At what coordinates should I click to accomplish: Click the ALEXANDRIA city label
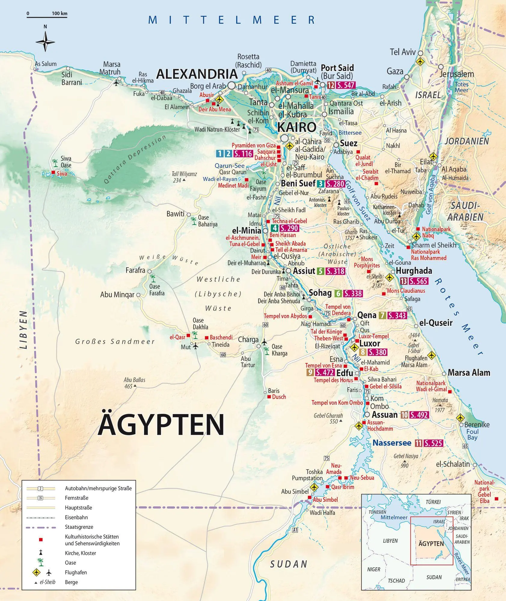point(197,74)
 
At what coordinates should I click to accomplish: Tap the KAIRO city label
point(296,127)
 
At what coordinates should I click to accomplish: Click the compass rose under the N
point(45,42)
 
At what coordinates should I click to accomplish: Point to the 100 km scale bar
point(47,17)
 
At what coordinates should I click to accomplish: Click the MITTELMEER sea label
point(232,20)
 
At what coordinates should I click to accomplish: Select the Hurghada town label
point(414,271)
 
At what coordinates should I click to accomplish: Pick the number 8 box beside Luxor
point(363,352)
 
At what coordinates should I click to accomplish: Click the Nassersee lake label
point(392,443)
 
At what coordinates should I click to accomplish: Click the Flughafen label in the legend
point(76,572)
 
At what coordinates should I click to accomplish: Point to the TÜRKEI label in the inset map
point(433,502)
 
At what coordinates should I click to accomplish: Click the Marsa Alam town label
point(469,373)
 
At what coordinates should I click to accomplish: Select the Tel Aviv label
point(403,52)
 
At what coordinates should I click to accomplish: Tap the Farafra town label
point(135,270)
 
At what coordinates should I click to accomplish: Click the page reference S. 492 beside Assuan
point(419,415)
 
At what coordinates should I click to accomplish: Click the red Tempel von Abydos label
point(285,316)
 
